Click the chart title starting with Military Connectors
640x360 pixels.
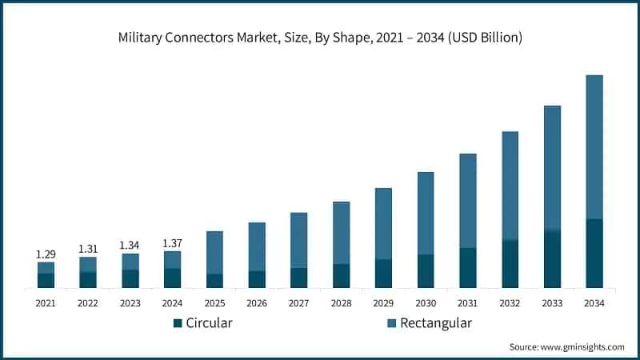coord(320,38)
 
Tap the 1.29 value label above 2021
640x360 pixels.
coord(46,254)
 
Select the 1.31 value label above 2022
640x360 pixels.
coord(88,249)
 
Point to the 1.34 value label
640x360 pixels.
coord(130,245)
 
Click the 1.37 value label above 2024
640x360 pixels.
coord(173,242)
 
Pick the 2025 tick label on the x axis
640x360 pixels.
coord(214,303)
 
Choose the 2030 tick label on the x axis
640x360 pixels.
coord(426,303)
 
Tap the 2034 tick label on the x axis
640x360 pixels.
coord(594,303)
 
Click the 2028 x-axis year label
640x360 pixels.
coord(341,303)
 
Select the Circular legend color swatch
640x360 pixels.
coord(178,323)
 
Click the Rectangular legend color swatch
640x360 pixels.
coord(391,323)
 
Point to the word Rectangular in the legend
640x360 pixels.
coord(436,323)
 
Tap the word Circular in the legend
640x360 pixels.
coord(209,323)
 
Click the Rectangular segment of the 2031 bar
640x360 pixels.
coord(468,200)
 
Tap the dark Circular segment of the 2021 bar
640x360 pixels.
coord(46,280)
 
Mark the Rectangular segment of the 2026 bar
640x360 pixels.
coord(257,246)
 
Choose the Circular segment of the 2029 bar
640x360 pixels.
coord(383,274)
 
